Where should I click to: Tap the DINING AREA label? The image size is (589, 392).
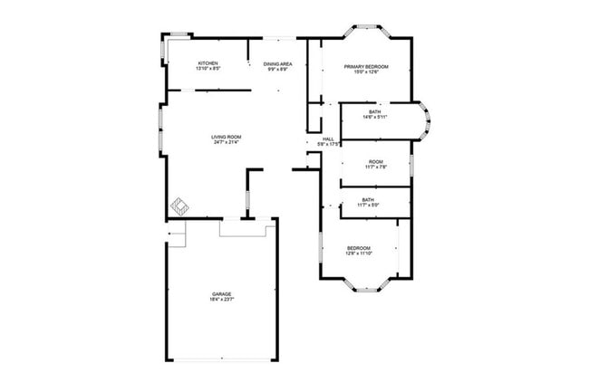[277, 63]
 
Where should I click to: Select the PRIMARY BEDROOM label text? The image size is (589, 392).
[366, 67]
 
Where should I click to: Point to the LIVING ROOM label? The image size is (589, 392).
[227, 137]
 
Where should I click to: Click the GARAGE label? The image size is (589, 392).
[222, 294]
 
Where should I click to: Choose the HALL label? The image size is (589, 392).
[328, 139]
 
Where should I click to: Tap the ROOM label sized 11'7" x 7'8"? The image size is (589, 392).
[368, 162]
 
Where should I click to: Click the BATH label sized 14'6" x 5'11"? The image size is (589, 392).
[374, 112]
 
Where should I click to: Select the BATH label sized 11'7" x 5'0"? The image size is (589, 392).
[368, 200]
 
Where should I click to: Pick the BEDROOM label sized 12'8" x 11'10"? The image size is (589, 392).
[359, 247]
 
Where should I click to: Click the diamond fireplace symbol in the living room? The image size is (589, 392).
[181, 206]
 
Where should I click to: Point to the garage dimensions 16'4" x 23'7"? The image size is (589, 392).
[222, 300]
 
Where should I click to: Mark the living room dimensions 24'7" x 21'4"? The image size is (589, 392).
[227, 142]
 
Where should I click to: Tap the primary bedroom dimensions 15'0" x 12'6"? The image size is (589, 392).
[366, 72]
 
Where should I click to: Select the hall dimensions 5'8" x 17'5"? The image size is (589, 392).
[328, 144]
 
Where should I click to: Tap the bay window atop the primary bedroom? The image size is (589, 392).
[367, 29]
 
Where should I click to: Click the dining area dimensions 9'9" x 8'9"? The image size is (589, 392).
[277, 69]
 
